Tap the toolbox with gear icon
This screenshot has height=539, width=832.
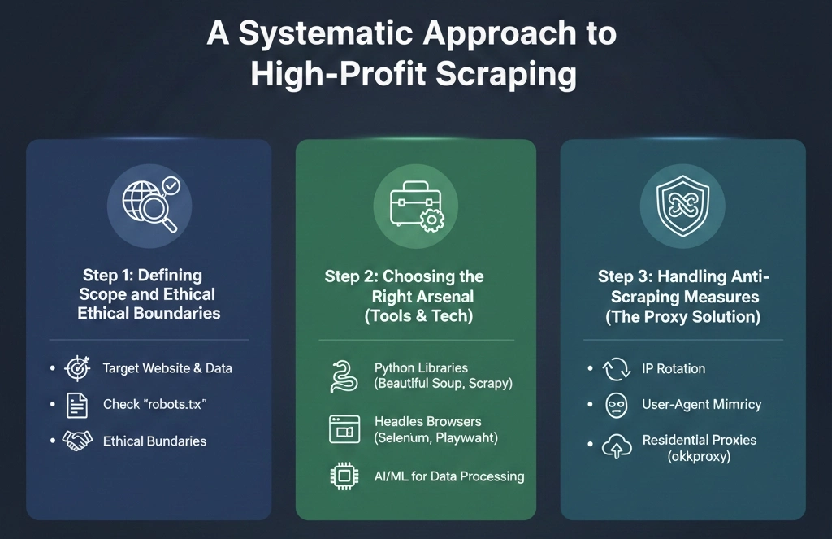click(x=414, y=203)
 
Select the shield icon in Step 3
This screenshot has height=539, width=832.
click(x=682, y=203)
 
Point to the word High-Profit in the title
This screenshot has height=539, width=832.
click(x=336, y=75)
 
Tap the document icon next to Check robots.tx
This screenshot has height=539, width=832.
click(x=76, y=404)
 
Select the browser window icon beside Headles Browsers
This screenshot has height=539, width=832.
click(x=344, y=429)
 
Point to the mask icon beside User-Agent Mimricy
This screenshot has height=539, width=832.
click(x=617, y=405)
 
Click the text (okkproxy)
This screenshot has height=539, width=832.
click(x=699, y=457)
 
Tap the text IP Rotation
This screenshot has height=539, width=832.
click(x=673, y=368)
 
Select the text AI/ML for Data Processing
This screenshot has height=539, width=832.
click(x=448, y=476)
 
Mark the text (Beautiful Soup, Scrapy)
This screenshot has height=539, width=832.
click(x=443, y=384)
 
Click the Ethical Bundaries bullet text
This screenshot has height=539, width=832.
click(x=154, y=441)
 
